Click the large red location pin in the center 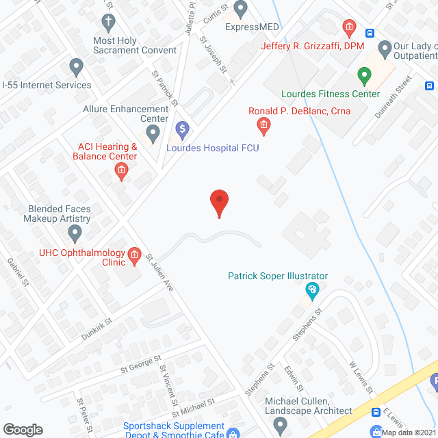pyautogui.click(x=219, y=203)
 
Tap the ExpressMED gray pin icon pyautogui.click(x=240, y=8)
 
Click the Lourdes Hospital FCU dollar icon pyautogui.click(x=182, y=129)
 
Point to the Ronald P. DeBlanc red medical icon pyautogui.click(x=263, y=125)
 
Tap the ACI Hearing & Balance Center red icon pyautogui.click(x=121, y=171)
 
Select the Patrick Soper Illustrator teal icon pyautogui.click(x=312, y=291)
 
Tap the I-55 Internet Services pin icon pyautogui.click(x=76, y=67)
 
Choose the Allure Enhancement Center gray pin pyautogui.click(x=153, y=132)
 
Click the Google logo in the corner pyautogui.click(x=23, y=429)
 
